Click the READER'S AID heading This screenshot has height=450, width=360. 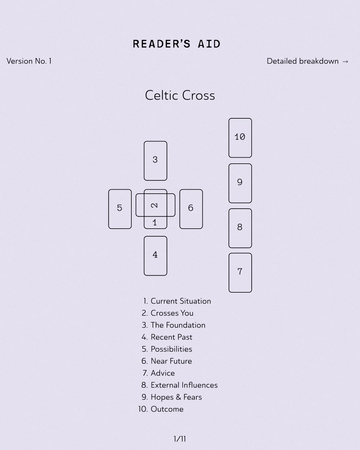point(177,44)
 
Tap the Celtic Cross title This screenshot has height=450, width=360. point(180,96)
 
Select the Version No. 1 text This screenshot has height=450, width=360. point(29,61)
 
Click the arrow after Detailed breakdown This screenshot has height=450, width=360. point(345,62)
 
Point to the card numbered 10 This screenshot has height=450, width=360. point(240,137)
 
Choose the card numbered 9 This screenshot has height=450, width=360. point(240,183)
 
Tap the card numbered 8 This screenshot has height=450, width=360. point(240,228)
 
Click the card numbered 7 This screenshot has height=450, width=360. point(240,272)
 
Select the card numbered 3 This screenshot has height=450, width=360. point(155,161)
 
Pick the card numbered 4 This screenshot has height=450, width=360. point(155,256)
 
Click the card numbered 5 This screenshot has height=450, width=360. point(120,209)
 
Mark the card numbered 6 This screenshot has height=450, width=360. point(191,209)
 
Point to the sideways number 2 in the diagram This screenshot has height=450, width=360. point(154,205)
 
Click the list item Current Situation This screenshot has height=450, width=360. point(181,301)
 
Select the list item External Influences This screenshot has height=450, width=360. point(184,385)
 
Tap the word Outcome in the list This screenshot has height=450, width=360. point(167,409)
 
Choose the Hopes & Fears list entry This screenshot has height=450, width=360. point(176,397)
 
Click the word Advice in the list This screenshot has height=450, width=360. point(163,373)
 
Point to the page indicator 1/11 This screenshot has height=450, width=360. point(180,439)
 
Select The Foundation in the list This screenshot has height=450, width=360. point(178,325)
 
